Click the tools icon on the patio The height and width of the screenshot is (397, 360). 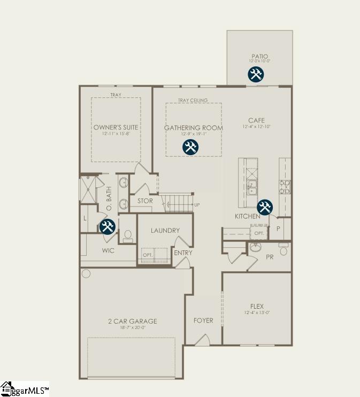point(256,74)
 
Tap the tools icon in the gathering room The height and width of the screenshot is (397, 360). point(190,147)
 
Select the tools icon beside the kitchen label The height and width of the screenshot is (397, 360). point(265,207)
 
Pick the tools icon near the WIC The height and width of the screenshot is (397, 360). point(108,226)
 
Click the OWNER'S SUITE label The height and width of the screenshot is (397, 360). point(116,127)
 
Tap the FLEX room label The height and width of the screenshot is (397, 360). point(257,307)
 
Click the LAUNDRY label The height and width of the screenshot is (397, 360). point(165,231)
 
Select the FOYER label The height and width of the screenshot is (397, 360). point(203,320)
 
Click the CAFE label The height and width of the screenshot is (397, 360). point(256,120)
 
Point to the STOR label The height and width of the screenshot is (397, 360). point(145,201)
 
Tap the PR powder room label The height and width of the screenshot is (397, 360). point(270,257)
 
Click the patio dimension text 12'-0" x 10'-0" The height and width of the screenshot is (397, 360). point(259,62)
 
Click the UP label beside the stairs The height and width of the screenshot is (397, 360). point(197,205)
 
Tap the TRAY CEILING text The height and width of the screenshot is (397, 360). point(193,101)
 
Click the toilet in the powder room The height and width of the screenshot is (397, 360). point(284,249)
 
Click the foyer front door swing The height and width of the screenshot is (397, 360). point(202,340)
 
